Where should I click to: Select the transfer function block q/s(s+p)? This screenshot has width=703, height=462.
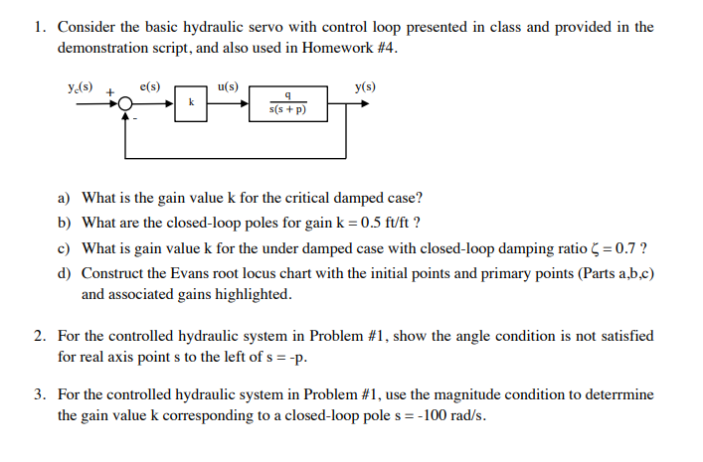coord(286,103)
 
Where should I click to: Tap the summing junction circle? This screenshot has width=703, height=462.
coord(125,103)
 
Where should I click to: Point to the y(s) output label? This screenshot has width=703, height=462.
coord(365,87)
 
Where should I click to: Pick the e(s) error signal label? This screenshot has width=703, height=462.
coord(150,87)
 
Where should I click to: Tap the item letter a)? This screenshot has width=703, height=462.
coord(65,197)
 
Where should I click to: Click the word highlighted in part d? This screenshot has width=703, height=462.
coord(256,294)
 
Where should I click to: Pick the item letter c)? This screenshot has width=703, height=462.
coord(65,247)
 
